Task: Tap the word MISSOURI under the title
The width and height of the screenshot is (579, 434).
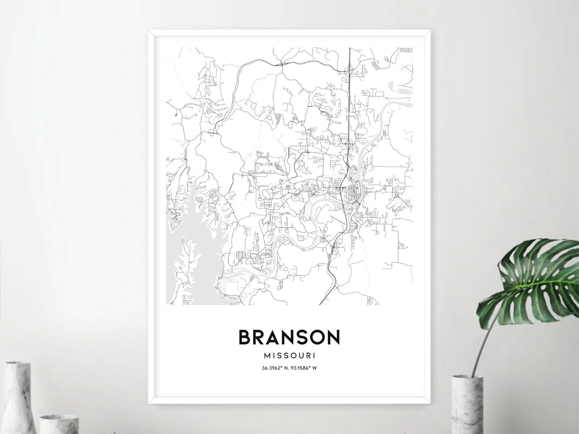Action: click(289, 355)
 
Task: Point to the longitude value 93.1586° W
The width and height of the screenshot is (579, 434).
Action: click(303, 368)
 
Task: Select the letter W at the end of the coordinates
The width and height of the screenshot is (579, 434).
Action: click(315, 368)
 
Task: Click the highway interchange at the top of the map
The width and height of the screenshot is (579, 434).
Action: click(349, 69)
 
